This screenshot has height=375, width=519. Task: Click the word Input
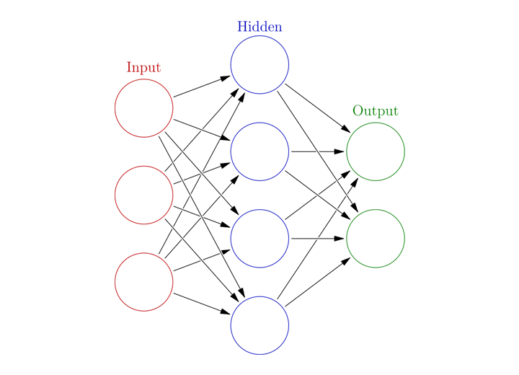click(x=143, y=68)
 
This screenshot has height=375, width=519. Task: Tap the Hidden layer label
click(x=259, y=27)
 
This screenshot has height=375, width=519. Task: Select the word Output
click(x=376, y=111)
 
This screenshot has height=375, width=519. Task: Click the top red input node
click(x=115, y=108)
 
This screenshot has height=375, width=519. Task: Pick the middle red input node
click(x=115, y=195)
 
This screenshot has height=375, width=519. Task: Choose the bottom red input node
click(x=115, y=282)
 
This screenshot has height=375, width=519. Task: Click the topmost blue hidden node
click(x=231, y=65)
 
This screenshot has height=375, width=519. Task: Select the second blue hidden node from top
click(x=231, y=151)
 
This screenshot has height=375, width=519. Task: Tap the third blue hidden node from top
click(x=231, y=239)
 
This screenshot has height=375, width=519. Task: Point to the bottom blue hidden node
click(x=231, y=325)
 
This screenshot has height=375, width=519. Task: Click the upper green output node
click(x=347, y=151)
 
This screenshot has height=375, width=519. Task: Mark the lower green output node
click(x=347, y=239)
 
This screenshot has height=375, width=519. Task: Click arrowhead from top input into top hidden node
click(x=226, y=78)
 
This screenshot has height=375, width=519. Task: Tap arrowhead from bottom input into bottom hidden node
click(x=226, y=312)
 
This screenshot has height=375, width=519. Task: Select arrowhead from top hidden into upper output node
click(x=346, y=129)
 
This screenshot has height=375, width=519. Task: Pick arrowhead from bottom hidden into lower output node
click(x=346, y=261)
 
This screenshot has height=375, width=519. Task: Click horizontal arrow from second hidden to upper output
click(x=318, y=151)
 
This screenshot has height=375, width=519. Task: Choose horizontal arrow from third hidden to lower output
click(x=318, y=239)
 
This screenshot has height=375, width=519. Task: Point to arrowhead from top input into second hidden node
click(x=226, y=138)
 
